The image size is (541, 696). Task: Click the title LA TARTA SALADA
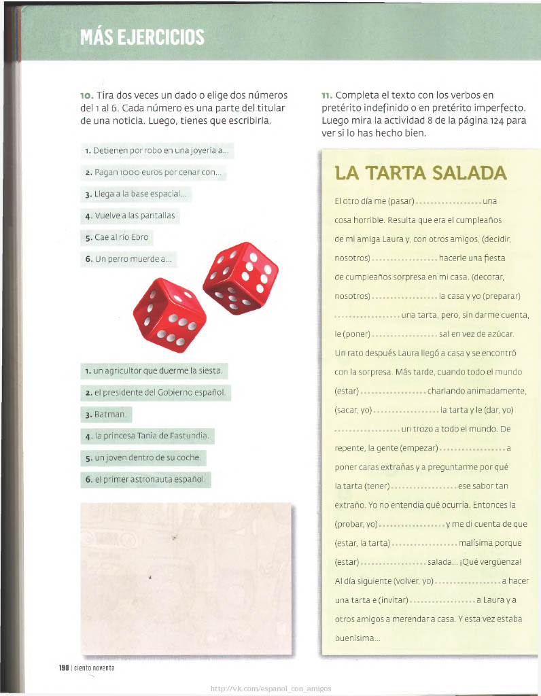coord(421,173)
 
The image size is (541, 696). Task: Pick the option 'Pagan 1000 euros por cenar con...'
coord(153,173)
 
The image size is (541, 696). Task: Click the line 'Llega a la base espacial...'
coord(136,194)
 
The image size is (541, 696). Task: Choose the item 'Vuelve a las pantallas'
coord(130,215)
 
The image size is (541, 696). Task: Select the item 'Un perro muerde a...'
coord(128,259)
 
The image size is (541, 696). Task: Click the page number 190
coord(65,668)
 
